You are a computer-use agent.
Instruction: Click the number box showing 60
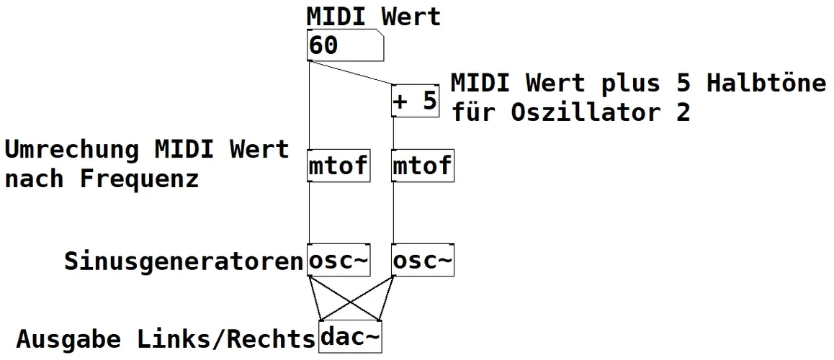tap(344, 46)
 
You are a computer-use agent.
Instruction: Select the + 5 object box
tap(416, 101)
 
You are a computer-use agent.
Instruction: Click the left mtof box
tap(338, 166)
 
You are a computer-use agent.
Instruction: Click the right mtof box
tap(423, 166)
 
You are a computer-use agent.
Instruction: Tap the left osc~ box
tap(338, 261)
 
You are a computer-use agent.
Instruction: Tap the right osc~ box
tap(423, 261)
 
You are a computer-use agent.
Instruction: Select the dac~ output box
tap(350, 337)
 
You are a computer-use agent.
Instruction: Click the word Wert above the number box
tap(411, 16)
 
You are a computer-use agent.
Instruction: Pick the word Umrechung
tap(72, 150)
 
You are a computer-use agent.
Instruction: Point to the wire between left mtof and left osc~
tap(309, 214)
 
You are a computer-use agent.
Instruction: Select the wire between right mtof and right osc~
tap(394, 214)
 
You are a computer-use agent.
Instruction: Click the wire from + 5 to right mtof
tap(394, 133)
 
